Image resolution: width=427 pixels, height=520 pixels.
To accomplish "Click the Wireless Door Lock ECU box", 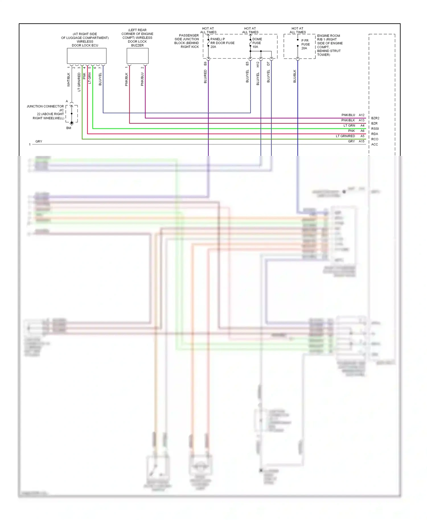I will point(87,56).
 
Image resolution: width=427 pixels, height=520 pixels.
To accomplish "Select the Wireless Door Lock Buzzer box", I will point(137,56).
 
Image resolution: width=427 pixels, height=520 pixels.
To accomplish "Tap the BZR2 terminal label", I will point(375,118).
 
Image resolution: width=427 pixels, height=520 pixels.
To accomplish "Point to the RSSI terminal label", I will point(375,129).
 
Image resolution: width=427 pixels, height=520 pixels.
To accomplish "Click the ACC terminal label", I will point(374,145).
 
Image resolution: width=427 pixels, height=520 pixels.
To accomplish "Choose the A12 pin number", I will point(362,115).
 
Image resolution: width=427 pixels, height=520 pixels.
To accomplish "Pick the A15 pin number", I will point(362,141).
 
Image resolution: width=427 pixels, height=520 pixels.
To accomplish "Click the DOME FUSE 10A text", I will point(257,43).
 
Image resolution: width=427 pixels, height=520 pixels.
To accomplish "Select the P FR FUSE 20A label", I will point(305,44).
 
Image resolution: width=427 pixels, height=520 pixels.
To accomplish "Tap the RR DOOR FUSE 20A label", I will point(222,43).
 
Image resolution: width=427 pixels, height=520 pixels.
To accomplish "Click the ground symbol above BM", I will point(72,123).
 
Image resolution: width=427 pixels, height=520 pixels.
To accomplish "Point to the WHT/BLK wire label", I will point(69,80).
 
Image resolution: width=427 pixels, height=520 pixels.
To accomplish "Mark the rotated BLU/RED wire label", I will point(205,77).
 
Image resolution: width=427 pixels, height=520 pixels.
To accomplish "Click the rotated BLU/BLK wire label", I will point(295,76).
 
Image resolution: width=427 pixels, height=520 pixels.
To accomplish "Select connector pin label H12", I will point(258,64).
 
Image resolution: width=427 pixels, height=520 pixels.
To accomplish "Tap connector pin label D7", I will point(268,64).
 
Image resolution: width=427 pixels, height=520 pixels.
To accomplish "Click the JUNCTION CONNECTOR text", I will point(45,106).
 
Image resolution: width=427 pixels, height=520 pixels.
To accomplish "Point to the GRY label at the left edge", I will point(39,141).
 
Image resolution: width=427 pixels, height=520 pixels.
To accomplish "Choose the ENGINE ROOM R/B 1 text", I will point(329,38).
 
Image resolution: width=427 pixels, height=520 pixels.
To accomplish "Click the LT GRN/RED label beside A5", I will point(345,136).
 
